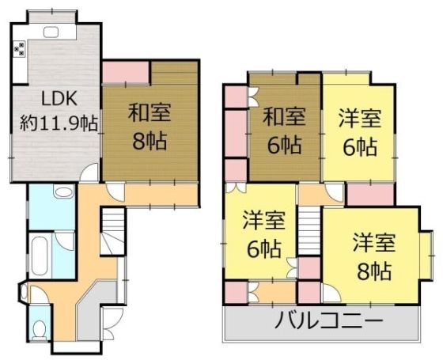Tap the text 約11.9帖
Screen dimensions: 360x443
click(x=57, y=123)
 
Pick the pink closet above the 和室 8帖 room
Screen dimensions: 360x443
click(x=126, y=73)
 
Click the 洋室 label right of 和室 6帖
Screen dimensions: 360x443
click(x=360, y=119)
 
